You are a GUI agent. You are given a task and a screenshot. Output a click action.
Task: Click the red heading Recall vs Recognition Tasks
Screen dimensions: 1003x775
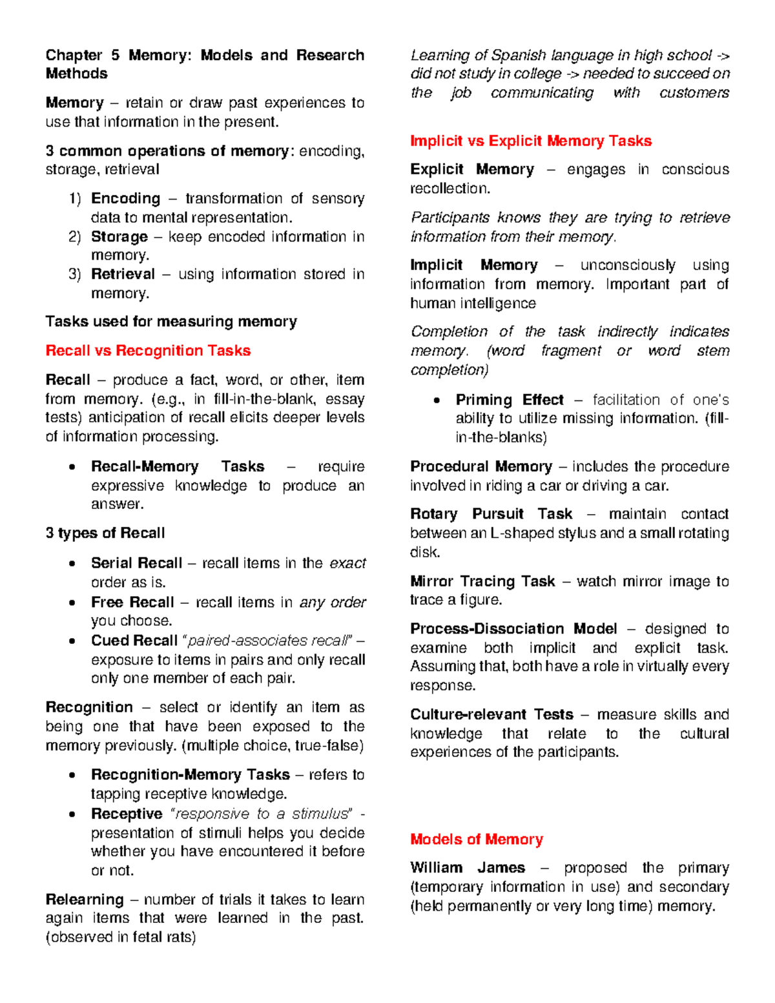(148, 351)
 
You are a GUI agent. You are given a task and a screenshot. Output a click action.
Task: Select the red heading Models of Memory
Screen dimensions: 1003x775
(476, 839)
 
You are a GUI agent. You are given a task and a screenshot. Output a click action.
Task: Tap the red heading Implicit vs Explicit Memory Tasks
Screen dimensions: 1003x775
(530, 141)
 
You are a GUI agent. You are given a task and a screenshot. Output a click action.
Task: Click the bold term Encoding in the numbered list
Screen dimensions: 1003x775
(125, 198)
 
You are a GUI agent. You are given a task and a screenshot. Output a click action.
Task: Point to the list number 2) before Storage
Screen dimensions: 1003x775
(75, 237)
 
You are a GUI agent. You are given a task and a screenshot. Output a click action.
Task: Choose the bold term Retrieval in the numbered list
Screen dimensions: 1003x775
(123, 274)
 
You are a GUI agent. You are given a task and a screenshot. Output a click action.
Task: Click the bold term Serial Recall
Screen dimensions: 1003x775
(136, 563)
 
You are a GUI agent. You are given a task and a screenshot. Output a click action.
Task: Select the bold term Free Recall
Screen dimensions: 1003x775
(132, 602)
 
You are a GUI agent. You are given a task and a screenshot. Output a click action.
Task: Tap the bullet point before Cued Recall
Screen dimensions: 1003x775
(72, 641)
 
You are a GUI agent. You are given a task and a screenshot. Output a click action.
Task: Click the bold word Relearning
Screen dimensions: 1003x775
(85, 899)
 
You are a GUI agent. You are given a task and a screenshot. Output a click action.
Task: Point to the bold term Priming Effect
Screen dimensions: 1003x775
(509, 400)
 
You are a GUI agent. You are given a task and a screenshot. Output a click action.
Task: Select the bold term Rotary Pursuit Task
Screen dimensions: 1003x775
(491, 514)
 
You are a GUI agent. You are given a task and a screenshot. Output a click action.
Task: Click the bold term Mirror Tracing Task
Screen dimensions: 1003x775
(482, 581)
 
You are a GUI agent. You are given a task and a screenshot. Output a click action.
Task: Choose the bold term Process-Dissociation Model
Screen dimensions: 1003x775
(513, 628)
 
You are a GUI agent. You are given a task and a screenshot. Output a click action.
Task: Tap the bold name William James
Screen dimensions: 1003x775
(468, 867)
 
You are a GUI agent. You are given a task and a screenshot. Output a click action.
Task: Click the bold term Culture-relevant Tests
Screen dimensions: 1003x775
(491, 714)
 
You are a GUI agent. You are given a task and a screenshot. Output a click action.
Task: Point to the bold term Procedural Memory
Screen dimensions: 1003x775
(480, 466)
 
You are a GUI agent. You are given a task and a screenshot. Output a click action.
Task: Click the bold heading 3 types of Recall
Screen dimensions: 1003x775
(105, 533)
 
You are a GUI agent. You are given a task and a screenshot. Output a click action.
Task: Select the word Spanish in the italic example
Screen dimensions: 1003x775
(517, 56)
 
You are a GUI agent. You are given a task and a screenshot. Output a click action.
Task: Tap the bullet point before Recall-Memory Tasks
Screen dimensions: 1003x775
(72, 467)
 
